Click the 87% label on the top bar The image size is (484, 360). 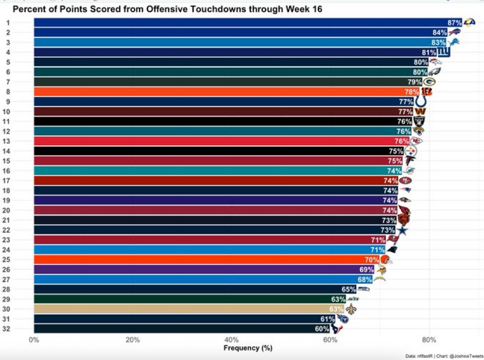pos(455,23)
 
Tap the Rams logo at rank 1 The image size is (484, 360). pos(469,22)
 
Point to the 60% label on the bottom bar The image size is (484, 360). pos(322,329)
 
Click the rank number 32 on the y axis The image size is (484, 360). pos(9,329)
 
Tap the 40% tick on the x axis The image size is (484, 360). pos(231,340)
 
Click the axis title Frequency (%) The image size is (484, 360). pos(248,348)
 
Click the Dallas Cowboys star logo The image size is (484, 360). pos(402,230)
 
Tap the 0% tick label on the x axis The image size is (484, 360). pos(34,340)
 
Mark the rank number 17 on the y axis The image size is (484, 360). pos(9,181)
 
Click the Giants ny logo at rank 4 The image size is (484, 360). pos(443,52)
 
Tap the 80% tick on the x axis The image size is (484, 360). pos(428,340)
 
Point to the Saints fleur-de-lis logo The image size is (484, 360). pos(351,309)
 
